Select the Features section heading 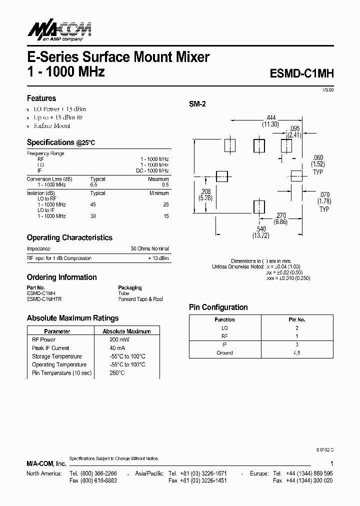click(x=41, y=98)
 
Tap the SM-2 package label click(x=197, y=104)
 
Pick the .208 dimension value click(x=205, y=192)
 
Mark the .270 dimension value click(x=281, y=214)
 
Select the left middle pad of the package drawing click(x=221, y=176)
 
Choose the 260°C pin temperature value click(x=117, y=373)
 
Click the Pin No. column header click(x=297, y=319)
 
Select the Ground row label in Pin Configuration click(x=224, y=353)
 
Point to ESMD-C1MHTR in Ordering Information click(x=44, y=299)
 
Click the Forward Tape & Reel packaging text click(x=140, y=299)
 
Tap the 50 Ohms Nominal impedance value click(x=150, y=248)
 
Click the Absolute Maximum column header click(x=126, y=331)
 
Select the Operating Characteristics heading click(x=69, y=237)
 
